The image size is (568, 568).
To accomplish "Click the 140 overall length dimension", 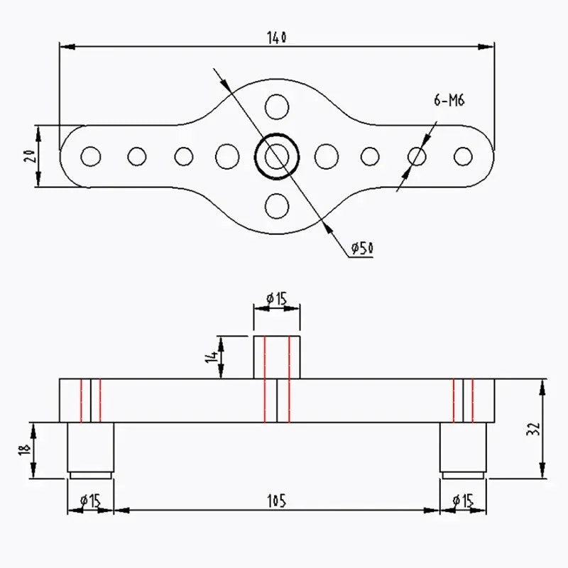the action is tap(277, 38).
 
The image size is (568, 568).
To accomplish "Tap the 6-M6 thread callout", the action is tap(449, 99).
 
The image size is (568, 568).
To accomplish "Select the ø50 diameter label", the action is tap(362, 248).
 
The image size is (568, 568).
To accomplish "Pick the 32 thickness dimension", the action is tap(534, 429).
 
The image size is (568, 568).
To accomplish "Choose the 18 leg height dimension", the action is tap(24, 450).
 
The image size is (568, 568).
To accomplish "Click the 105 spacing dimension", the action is tap(277, 501).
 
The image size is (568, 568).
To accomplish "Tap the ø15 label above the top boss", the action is tap(276, 299).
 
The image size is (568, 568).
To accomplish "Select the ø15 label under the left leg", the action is tap(90, 501).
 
